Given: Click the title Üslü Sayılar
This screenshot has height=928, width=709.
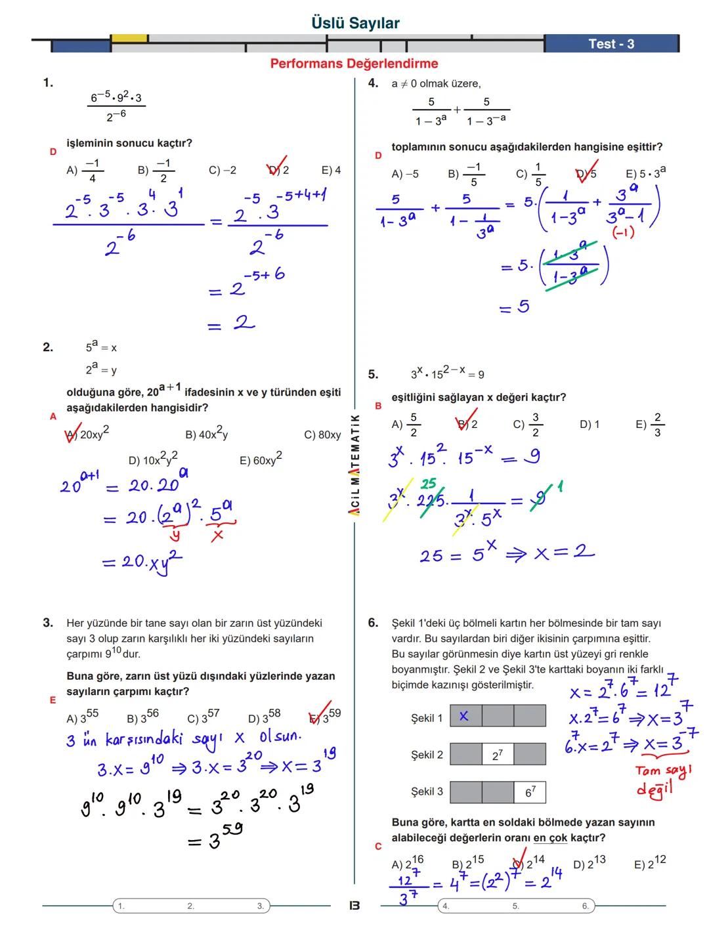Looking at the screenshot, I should (355, 23).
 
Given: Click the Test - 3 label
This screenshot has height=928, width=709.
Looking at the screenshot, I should (611, 44).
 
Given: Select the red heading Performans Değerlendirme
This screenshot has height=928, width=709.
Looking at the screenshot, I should (354, 64).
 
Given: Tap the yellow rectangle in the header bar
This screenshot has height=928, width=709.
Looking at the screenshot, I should (129, 39).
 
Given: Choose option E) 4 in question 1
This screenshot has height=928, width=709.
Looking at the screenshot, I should (331, 170).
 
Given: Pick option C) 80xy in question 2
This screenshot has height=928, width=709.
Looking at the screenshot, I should (322, 434).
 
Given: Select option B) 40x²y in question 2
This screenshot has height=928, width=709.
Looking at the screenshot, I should (206, 434).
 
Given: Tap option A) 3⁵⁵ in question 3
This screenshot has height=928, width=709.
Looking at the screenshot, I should (82, 717).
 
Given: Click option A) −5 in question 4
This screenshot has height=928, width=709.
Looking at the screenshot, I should (404, 174).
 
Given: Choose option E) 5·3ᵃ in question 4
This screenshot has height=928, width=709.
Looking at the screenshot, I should (645, 173).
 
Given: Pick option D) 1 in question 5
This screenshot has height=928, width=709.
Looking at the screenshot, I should (589, 425).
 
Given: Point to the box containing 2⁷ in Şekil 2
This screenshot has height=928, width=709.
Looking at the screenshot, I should (497, 755).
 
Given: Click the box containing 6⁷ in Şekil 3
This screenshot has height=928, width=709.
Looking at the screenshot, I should (530, 791).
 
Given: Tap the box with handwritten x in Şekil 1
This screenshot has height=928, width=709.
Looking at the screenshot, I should (465, 716).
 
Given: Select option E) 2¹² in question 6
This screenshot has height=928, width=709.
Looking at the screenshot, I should (649, 864).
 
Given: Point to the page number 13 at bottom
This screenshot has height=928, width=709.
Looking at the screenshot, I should (354, 906).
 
